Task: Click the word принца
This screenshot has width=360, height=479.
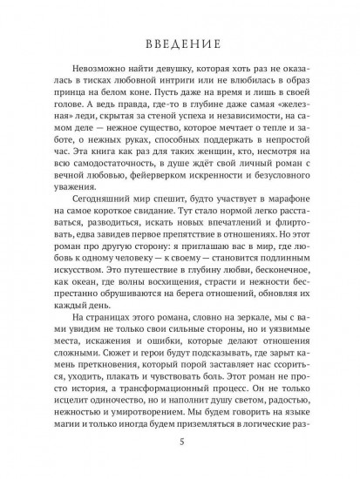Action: pos(75,105)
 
